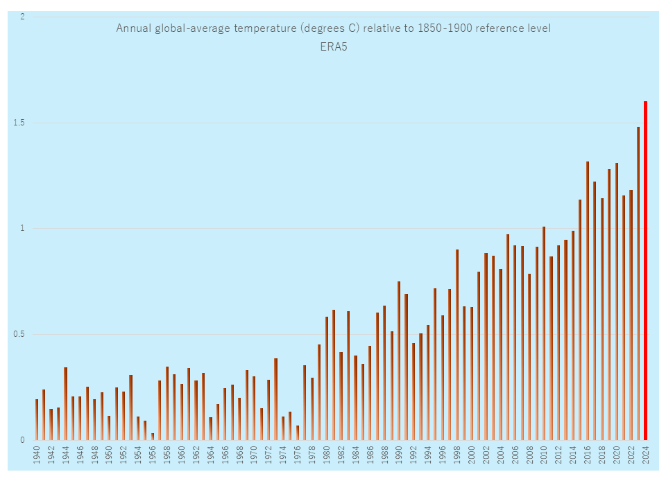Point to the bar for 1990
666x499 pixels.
[399, 360]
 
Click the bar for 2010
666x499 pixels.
[544, 333]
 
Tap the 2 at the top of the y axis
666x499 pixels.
[22, 17]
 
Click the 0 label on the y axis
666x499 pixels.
[22, 440]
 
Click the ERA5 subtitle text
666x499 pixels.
[333, 47]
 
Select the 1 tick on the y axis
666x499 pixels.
[22, 228]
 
